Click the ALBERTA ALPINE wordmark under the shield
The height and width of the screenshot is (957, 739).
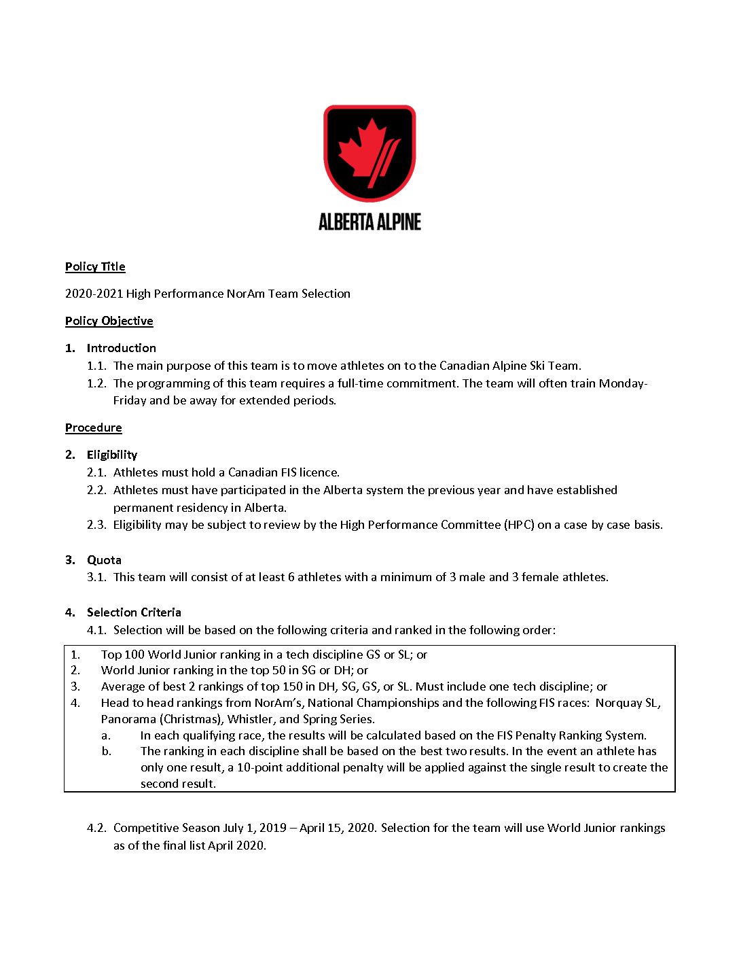(x=369, y=222)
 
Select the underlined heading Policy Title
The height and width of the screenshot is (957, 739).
(x=95, y=266)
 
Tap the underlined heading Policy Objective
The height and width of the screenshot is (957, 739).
(x=109, y=321)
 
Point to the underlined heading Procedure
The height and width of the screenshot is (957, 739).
(x=93, y=428)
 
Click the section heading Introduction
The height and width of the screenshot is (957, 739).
(x=121, y=348)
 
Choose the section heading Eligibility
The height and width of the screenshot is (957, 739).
(x=112, y=455)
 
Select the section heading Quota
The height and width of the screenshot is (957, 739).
(x=104, y=560)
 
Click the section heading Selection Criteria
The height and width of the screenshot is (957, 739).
(x=134, y=612)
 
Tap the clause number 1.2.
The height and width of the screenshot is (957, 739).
(x=96, y=383)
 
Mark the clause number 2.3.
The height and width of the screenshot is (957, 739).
(x=96, y=525)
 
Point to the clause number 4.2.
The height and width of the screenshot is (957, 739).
(x=96, y=828)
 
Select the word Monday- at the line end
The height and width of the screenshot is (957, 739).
(x=623, y=383)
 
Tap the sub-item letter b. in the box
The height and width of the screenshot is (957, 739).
(x=107, y=751)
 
